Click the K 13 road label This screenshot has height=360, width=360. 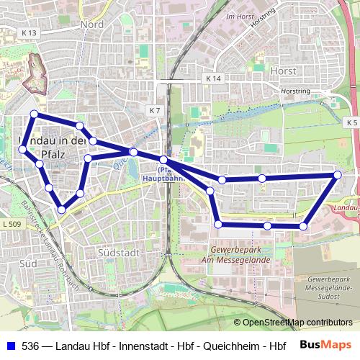tap(30, 33)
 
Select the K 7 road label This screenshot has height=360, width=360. tap(156, 110)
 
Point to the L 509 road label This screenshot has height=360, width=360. tap(12, 225)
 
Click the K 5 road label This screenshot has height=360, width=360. tap(351, 123)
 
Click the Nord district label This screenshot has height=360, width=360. tap(92, 24)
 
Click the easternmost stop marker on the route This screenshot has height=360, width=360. tap(337, 175)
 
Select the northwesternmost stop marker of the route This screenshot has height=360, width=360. tap(33, 114)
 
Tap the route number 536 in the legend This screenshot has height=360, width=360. tap(31, 346)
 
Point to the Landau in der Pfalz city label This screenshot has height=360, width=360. tap(50, 146)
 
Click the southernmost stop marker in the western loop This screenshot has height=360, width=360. tap(62, 210)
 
